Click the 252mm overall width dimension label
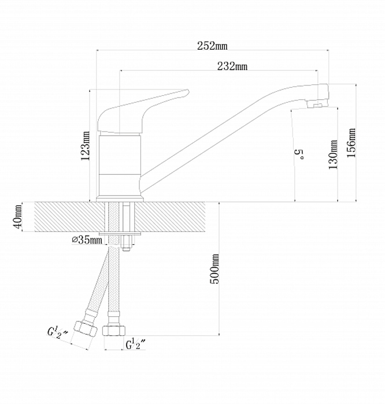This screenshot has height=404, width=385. click(x=212, y=46)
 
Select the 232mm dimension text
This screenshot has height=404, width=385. click(x=232, y=66)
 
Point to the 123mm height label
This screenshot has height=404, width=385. click(x=86, y=146)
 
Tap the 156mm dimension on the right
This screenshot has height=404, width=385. click(x=351, y=143)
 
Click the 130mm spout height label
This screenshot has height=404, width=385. click(x=333, y=154)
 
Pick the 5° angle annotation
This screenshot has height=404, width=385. click(x=299, y=155)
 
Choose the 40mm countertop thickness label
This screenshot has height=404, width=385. click(x=17, y=217)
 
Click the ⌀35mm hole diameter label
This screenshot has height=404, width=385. click(x=87, y=240)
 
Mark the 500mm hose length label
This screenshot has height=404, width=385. click(x=214, y=269)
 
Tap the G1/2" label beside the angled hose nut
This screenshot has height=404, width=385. click(x=58, y=333)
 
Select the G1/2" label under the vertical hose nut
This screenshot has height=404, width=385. click(x=136, y=345)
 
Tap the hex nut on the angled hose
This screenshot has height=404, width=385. click(x=86, y=328)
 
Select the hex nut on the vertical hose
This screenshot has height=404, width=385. click(x=114, y=331)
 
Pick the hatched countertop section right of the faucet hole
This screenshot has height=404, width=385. click(x=171, y=216)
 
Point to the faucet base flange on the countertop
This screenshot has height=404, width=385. click(x=120, y=200)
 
